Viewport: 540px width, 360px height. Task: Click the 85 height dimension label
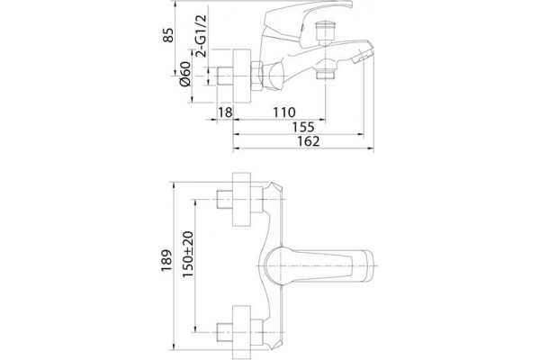(168, 35)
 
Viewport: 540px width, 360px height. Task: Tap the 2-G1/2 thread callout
(201, 35)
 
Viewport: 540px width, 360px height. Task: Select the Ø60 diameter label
(184, 74)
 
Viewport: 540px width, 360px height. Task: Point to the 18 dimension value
(225, 112)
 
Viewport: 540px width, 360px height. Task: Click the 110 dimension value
(283, 112)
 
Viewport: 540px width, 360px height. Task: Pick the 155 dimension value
(303, 127)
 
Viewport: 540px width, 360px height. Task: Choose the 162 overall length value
(308, 141)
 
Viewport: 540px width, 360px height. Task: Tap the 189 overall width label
(166, 260)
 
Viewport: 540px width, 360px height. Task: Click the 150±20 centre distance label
(188, 254)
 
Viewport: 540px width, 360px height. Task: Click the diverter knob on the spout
(326, 32)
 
